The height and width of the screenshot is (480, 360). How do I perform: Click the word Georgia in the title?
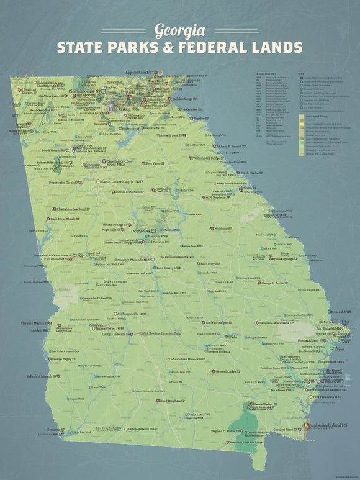(180, 30)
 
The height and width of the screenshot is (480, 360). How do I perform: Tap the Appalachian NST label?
(141, 72)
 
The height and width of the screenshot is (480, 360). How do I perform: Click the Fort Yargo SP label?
(156, 164)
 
